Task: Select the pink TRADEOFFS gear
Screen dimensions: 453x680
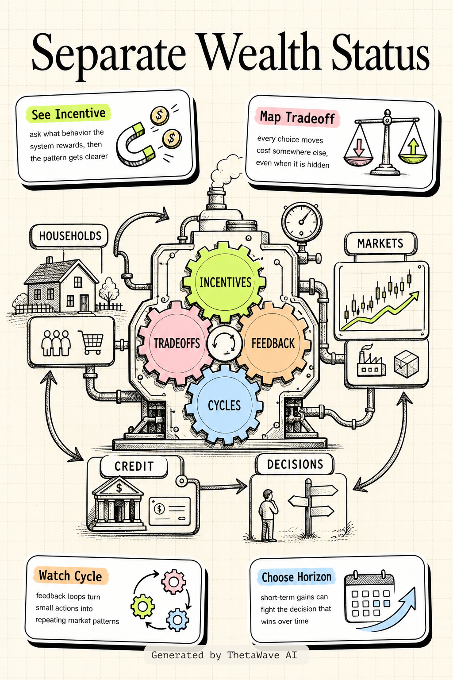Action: pos(176,343)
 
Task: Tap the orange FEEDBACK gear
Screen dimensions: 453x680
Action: pos(273,343)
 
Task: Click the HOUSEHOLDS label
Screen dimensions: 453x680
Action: pos(69,236)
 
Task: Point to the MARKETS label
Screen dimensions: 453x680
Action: pos(380,243)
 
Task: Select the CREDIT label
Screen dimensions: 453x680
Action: pos(134,466)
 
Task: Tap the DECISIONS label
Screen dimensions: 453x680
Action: pos(295,464)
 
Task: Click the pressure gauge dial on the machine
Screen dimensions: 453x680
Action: pos(302,222)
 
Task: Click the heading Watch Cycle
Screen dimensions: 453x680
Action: pos(70,576)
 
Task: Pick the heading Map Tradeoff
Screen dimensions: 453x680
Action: pos(297,117)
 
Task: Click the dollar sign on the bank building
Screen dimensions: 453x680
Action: pos(119,488)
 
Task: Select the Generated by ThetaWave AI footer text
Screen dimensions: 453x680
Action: pos(224,655)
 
